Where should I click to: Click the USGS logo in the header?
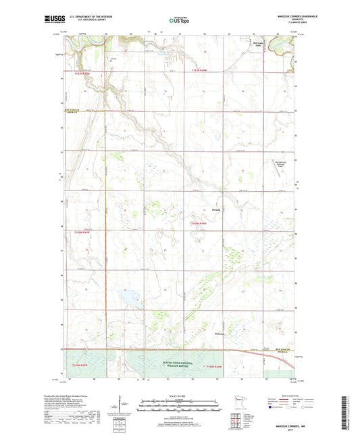coord(51,20)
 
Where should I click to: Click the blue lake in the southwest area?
coord(126,296)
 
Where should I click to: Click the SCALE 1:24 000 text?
coord(178,396)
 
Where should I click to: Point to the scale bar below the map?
coord(178,407)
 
